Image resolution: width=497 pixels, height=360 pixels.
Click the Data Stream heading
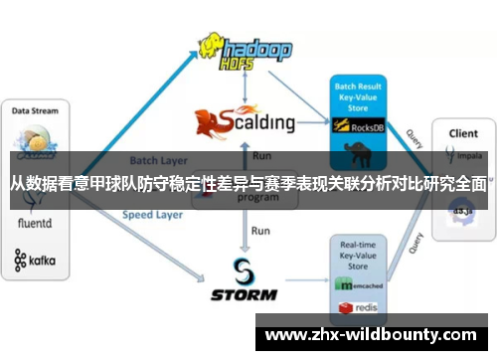pos(35,110)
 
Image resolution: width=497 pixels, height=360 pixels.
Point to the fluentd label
pos(36,226)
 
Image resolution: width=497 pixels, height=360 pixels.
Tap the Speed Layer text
pos(152,214)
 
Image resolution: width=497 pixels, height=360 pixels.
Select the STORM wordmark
pos(245,294)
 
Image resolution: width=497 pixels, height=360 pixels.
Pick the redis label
pos(365,306)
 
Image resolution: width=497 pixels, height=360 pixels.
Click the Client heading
pos(462,132)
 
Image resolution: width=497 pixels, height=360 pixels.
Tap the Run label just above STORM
pos(260,231)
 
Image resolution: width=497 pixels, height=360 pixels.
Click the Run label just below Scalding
pos(261,156)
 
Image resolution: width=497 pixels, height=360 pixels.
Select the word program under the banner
pos(257,198)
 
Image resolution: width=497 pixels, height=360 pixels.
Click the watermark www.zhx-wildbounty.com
pos(375,336)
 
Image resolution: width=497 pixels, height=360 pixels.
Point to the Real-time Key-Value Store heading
pos(357,255)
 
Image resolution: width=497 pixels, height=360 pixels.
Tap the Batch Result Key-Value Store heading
pos(357,96)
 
